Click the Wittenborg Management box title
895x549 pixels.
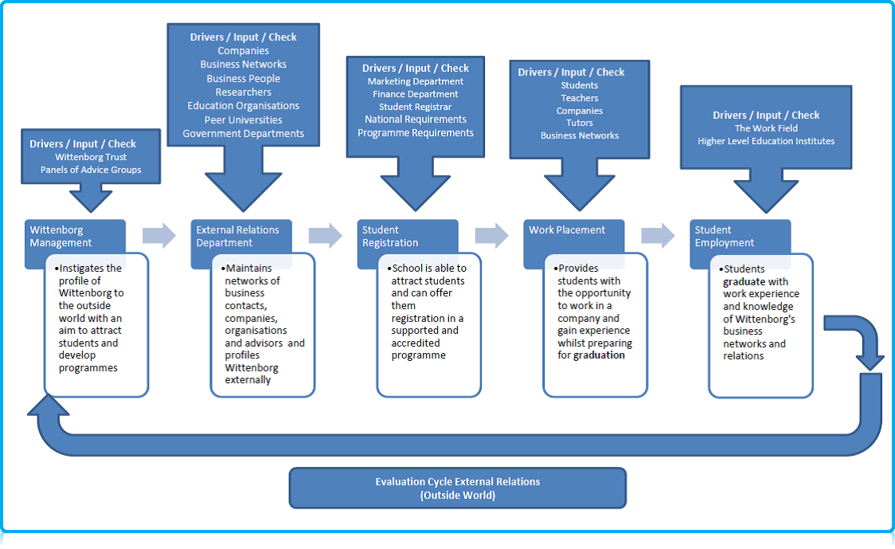(x=61, y=236)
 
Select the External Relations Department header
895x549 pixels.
(x=237, y=236)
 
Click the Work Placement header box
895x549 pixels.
(x=567, y=230)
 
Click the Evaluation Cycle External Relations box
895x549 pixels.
(x=457, y=488)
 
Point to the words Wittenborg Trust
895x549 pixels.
(x=91, y=157)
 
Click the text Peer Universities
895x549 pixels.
(x=243, y=120)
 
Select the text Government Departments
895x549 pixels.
(x=243, y=134)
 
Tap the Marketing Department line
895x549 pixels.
(x=415, y=81)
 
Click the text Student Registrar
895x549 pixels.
(x=415, y=107)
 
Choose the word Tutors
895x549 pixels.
(x=579, y=124)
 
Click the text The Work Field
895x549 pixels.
(x=765, y=128)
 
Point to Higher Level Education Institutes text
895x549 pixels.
(x=765, y=141)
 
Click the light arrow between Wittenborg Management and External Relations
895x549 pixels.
(x=158, y=235)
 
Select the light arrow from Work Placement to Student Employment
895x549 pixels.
(x=658, y=235)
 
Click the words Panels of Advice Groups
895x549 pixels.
(x=91, y=170)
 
